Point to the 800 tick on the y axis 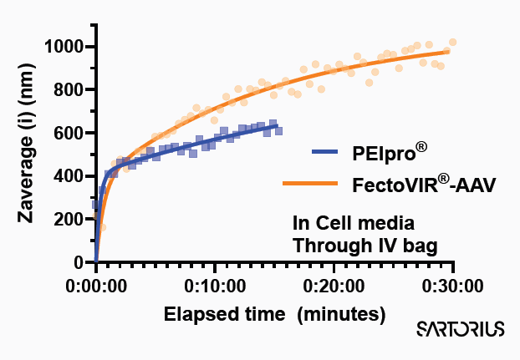click(x=72, y=89)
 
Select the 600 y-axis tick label click(x=72, y=133)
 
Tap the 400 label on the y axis click(x=72, y=176)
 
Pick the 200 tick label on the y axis click(x=72, y=220)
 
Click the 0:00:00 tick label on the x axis click(x=96, y=286)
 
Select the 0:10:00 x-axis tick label click(x=215, y=286)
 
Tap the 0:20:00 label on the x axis click(x=334, y=286)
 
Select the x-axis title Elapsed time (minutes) click(x=274, y=315)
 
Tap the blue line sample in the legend click(x=335, y=152)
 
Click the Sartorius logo click(x=461, y=329)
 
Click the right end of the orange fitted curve click(x=450, y=51)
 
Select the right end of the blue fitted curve click(x=278, y=125)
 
